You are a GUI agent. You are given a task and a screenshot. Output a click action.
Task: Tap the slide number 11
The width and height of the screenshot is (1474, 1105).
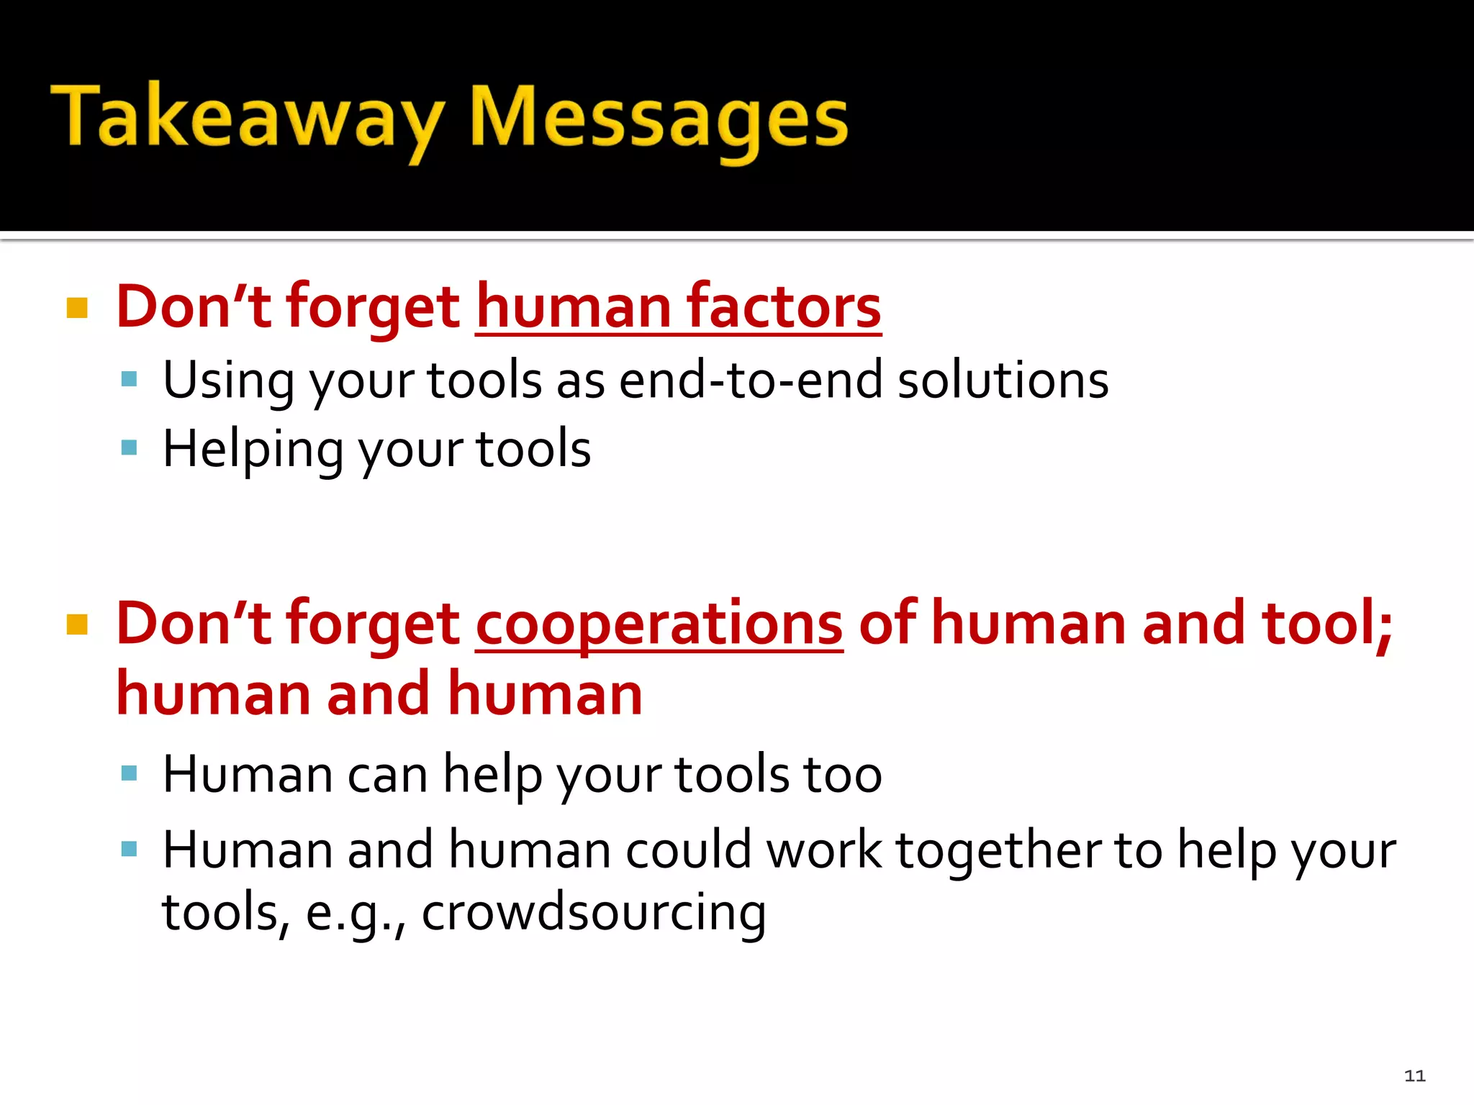tap(1414, 1076)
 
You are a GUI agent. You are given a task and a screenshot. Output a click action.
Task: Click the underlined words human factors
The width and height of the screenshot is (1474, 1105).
tap(678, 308)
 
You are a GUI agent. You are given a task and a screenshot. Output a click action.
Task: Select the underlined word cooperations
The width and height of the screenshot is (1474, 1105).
tap(659, 624)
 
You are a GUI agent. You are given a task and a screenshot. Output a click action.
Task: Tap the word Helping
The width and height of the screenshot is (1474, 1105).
tap(253, 450)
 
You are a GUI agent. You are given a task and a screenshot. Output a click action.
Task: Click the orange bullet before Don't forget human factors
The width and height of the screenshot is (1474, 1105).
tap(77, 308)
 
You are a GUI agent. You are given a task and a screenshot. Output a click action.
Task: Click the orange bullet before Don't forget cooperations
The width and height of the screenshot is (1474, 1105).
tap(77, 624)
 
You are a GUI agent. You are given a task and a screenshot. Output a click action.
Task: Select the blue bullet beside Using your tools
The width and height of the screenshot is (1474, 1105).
tap(130, 379)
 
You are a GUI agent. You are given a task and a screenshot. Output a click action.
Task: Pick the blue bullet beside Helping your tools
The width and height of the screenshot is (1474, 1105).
tap(130, 448)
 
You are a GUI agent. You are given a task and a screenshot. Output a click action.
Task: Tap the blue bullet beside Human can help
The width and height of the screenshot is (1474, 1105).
tap(130, 773)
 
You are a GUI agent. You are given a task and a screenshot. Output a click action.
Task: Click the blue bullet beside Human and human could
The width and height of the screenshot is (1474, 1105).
tap(130, 849)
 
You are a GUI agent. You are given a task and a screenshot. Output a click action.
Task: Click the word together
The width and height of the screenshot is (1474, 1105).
tap(998, 851)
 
